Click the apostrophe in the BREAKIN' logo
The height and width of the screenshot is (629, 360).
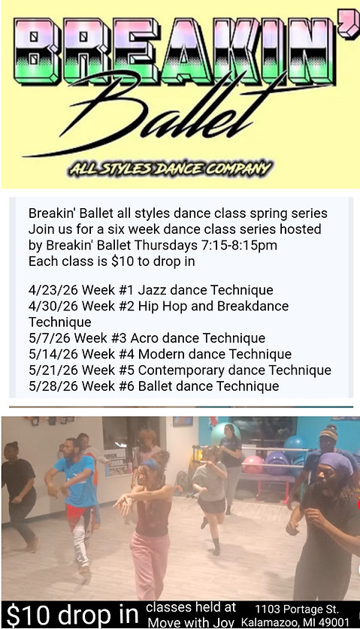tap(342, 34)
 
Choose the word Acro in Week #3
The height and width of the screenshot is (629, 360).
tap(145, 338)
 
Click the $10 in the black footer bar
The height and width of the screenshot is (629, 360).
tap(24, 614)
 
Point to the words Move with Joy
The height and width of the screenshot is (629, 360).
tap(192, 622)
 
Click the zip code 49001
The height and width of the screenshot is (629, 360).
tap(335, 622)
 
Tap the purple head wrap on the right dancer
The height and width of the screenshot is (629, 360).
tap(334, 462)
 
